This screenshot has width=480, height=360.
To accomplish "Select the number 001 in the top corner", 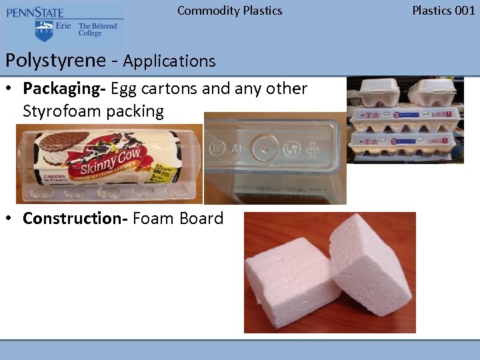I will [464, 11].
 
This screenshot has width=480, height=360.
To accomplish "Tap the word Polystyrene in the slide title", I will [55, 61].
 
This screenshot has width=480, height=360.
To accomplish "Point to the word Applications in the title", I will [169, 61].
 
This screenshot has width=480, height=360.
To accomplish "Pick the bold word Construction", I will [75, 219].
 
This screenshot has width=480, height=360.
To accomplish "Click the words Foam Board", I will [178, 219].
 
